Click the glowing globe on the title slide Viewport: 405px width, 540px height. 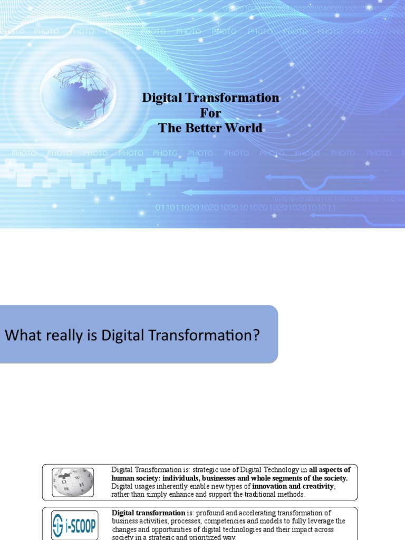[x=78, y=93]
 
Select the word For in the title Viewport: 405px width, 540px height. [x=210, y=113]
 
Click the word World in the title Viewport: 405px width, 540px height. [x=245, y=128]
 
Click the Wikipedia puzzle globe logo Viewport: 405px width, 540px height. [x=73, y=482]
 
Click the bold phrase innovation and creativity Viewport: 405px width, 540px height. [x=293, y=486]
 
